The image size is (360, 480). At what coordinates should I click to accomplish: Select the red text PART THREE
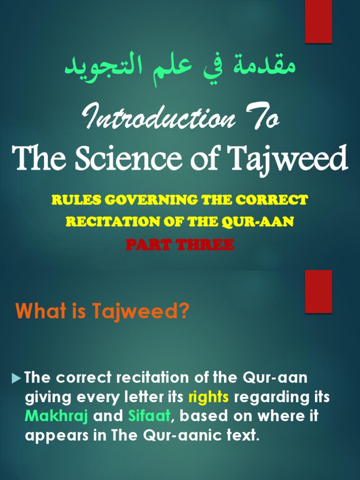tap(180, 244)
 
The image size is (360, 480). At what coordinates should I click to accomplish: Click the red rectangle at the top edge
tap(318, 21)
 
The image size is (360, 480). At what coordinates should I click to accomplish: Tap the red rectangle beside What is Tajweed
tap(318, 291)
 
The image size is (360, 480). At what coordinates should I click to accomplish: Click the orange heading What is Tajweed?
tap(102, 311)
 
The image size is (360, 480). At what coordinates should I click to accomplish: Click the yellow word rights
tap(209, 397)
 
